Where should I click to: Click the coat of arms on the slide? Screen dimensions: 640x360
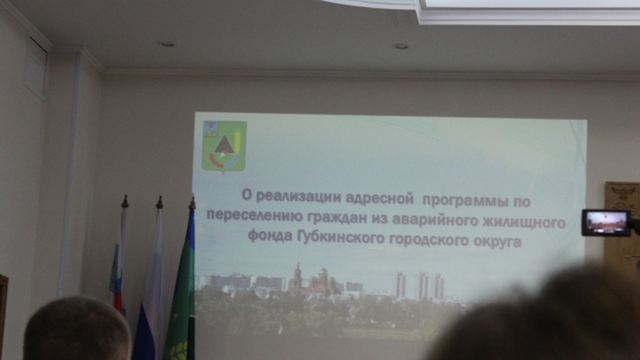(x=224, y=146)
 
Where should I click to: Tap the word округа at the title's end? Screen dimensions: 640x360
(x=498, y=242)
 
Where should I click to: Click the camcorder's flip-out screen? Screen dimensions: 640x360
(x=606, y=223)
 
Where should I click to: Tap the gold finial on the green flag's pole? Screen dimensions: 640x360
(x=192, y=203)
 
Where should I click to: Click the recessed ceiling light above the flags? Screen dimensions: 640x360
(x=166, y=44)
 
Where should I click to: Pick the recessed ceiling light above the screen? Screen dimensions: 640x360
(x=401, y=46)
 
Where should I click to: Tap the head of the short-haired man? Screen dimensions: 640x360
(x=77, y=329)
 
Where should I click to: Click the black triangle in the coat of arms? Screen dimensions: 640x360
(x=223, y=146)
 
